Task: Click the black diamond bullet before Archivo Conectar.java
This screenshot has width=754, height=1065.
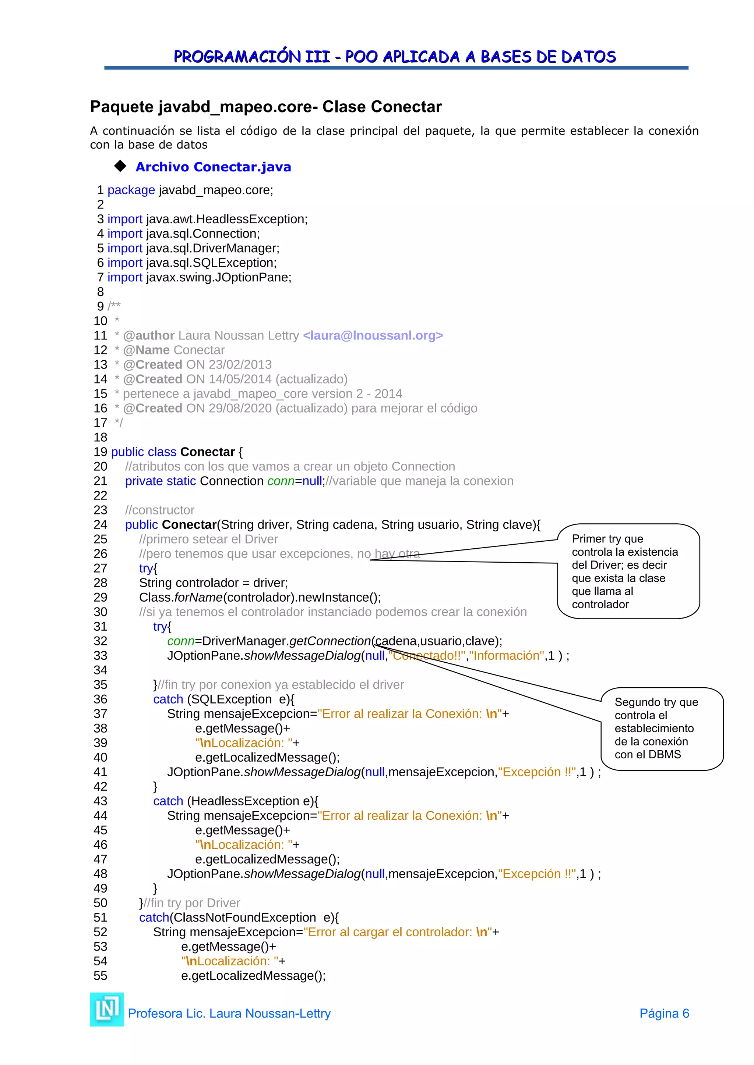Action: tap(120, 166)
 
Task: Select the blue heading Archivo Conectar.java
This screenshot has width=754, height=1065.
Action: tap(213, 167)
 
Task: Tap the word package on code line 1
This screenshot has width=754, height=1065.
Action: tap(131, 190)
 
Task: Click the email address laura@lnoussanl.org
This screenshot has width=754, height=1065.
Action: tap(373, 335)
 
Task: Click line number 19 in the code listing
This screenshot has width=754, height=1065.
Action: tap(100, 452)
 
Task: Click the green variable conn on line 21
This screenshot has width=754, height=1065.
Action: tap(281, 481)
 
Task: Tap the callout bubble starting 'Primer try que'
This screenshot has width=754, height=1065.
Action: tap(628, 571)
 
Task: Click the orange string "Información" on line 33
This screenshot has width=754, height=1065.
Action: tap(507, 655)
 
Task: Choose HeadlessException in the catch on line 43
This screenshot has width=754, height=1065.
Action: tap(245, 801)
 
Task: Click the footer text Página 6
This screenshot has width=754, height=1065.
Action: tap(664, 1014)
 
